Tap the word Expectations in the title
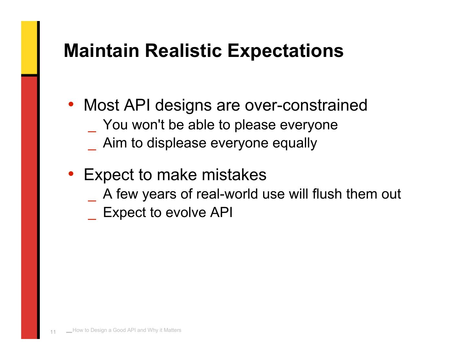point(285,51)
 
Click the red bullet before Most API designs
point(71,104)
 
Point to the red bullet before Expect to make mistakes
point(71,174)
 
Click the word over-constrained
point(306,105)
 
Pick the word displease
point(176,144)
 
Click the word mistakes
point(234,175)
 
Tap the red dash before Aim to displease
point(92,149)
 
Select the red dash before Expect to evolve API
point(92,219)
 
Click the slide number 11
point(53,332)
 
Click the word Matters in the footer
point(172,330)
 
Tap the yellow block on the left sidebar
point(29,48)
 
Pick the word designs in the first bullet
point(183,106)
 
